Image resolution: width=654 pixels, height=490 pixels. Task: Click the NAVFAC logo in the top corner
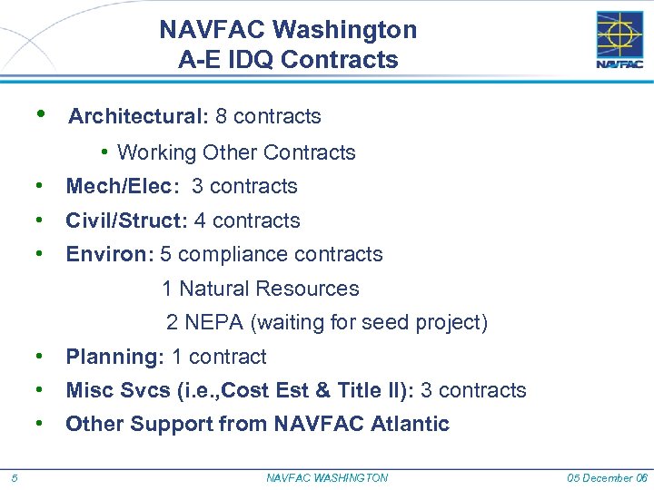[x=619, y=40]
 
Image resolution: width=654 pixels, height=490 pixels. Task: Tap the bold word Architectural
[x=138, y=116]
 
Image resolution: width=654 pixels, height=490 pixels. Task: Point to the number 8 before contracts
[x=222, y=116]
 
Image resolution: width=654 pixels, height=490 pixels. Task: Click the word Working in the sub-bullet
[x=157, y=152]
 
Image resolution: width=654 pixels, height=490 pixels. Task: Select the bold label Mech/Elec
[x=118, y=187]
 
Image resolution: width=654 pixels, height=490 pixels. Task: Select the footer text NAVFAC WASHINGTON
[x=327, y=478]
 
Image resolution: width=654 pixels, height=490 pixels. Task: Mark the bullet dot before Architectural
[x=41, y=114]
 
